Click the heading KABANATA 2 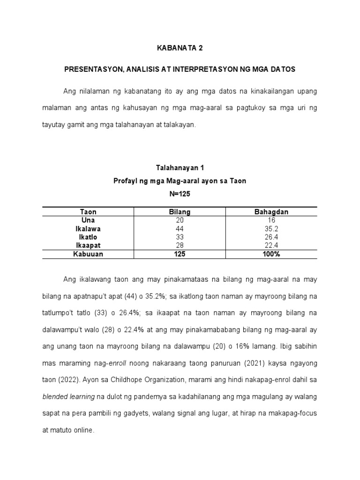point(180,48)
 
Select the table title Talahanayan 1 point(180,167)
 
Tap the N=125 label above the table point(180,193)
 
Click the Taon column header point(88,212)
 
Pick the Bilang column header point(180,212)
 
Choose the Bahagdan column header point(271,212)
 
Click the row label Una point(88,220)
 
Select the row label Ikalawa point(88,229)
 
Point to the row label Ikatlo point(88,237)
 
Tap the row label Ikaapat point(88,246)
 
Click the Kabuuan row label point(88,254)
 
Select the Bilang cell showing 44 point(180,229)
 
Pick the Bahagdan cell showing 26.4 point(271,237)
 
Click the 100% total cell point(271,254)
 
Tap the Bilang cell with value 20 point(180,220)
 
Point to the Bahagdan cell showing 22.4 point(271,246)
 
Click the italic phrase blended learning point(72,397)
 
